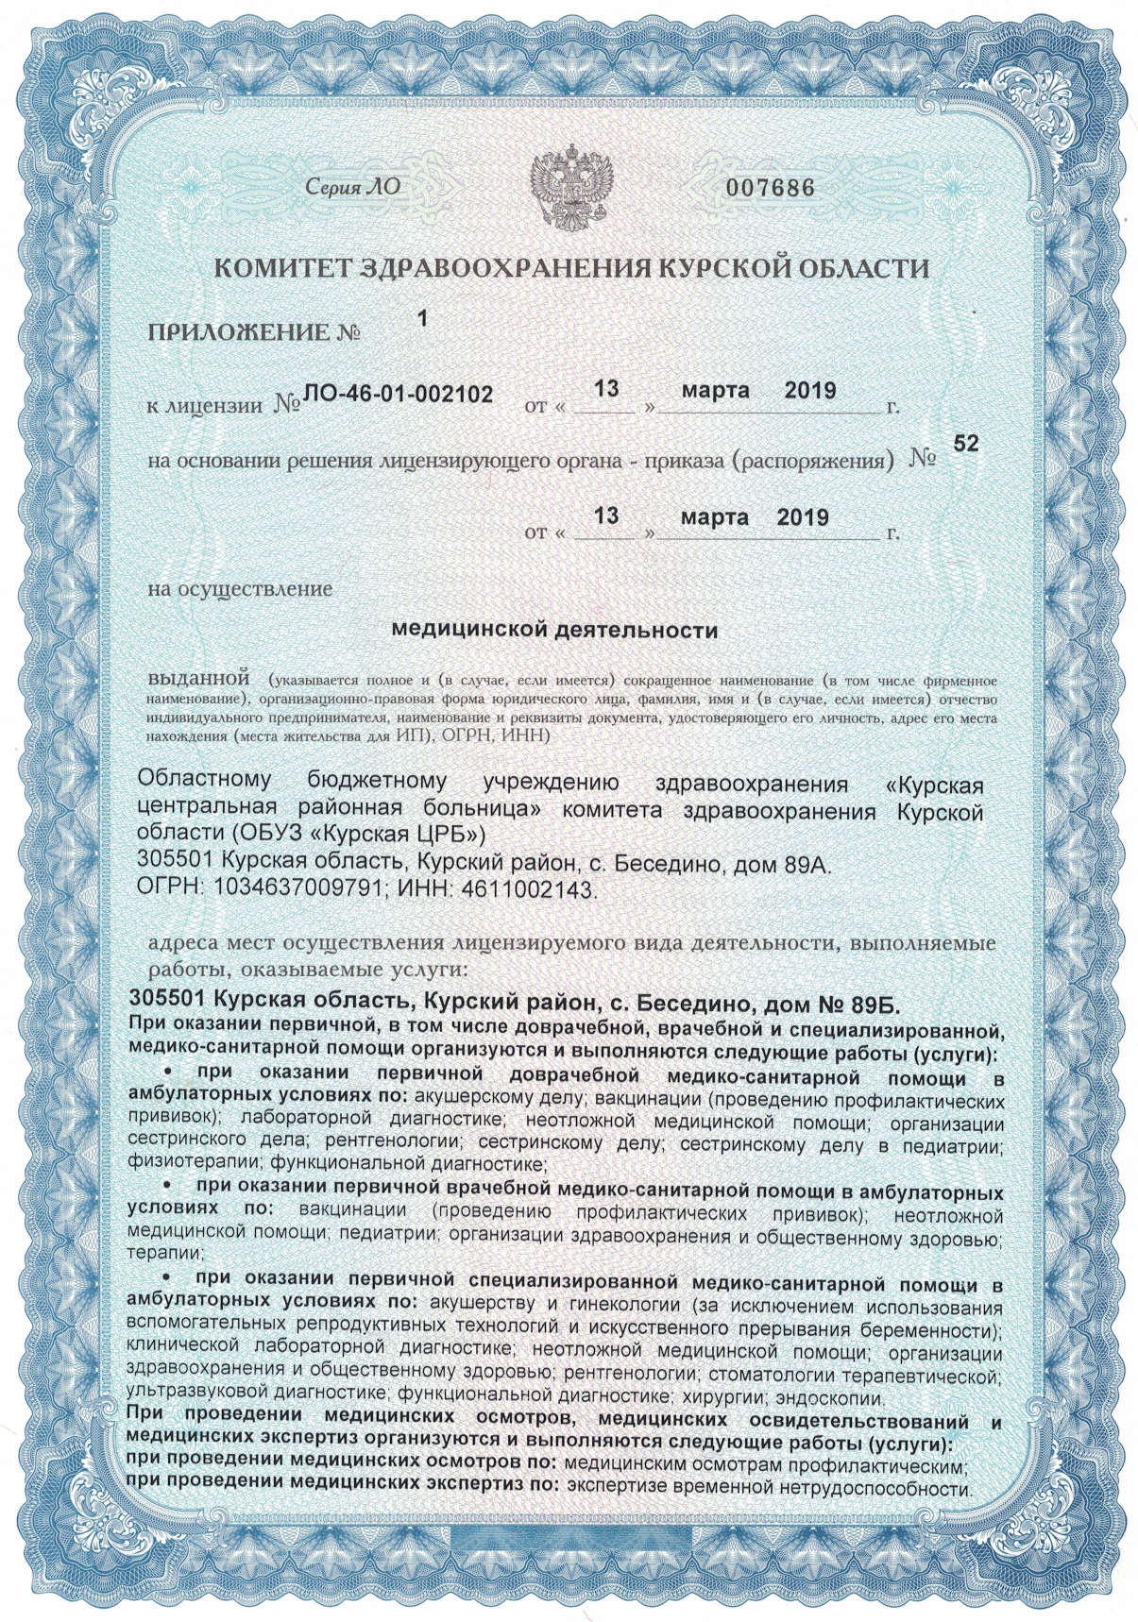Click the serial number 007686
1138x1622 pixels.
(x=769, y=187)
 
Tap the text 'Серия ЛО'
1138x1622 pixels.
(x=352, y=187)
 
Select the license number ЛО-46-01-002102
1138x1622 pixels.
(x=397, y=395)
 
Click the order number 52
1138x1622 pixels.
(x=966, y=444)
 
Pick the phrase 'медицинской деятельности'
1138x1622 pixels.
(x=554, y=630)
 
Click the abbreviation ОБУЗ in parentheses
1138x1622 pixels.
(x=262, y=836)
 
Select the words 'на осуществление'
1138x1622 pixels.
(x=241, y=589)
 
